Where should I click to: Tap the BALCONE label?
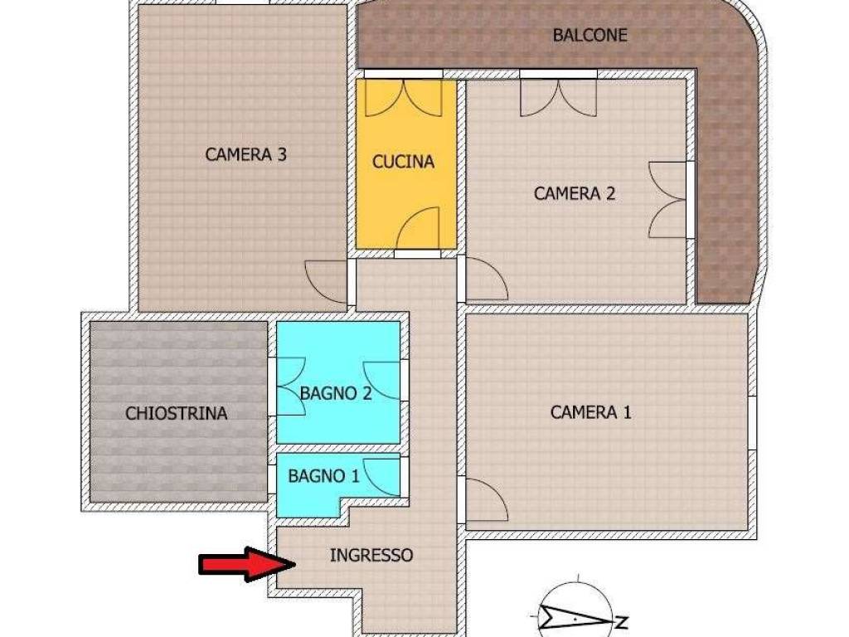(589, 36)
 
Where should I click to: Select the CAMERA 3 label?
(246, 154)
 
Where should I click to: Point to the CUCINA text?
(403, 162)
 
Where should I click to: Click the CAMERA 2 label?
(575, 194)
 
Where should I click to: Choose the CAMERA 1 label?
(590, 412)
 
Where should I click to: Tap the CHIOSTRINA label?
(176, 413)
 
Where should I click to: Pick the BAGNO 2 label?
(336, 394)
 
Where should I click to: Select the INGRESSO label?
(371, 556)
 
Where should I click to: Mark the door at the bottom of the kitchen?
(418, 230)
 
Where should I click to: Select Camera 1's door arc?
(484, 501)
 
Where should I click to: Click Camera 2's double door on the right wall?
(668, 199)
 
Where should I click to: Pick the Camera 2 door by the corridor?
(486, 280)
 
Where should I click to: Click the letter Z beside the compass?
(620, 621)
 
